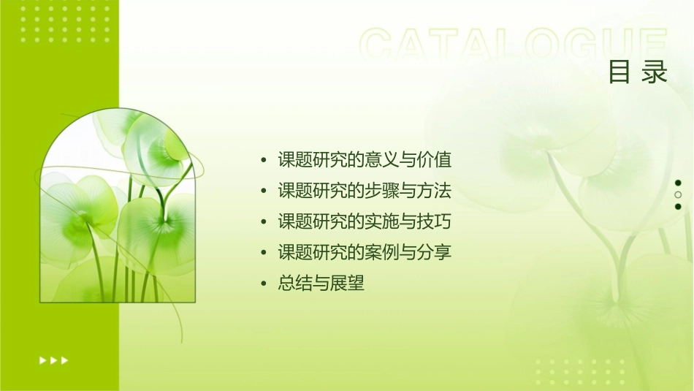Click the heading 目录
click(638, 72)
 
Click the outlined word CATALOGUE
click(514, 45)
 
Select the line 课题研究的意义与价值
click(365, 159)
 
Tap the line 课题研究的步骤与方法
click(365, 191)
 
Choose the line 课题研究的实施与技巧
click(365, 221)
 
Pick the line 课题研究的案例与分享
click(365, 253)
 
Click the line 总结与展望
click(321, 284)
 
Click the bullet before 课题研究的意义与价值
click(264, 160)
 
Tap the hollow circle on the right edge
click(678, 195)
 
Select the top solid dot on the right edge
click(678, 183)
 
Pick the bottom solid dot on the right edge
click(678, 207)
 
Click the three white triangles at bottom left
click(53, 360)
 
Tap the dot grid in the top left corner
click(66, 22)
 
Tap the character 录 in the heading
click(655, 72)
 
